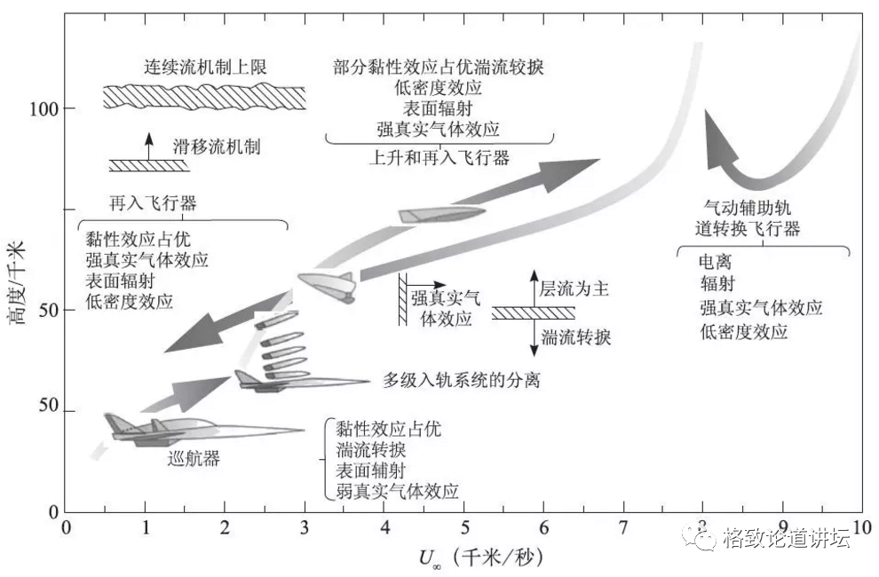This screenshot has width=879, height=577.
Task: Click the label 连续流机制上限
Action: click(x=205, y=67)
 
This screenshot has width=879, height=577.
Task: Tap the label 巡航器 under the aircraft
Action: click(x=194, y=459)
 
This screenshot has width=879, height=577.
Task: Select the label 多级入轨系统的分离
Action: click(x=462, y=380)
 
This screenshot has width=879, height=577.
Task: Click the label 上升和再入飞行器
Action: click(x=439, y=157)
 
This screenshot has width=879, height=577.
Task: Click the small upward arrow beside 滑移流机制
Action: click(x=149, y=143)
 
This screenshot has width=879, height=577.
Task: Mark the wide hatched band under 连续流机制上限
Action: click(x=204, y=97)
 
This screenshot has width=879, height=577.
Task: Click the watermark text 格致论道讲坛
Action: click(x=787, y=538)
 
